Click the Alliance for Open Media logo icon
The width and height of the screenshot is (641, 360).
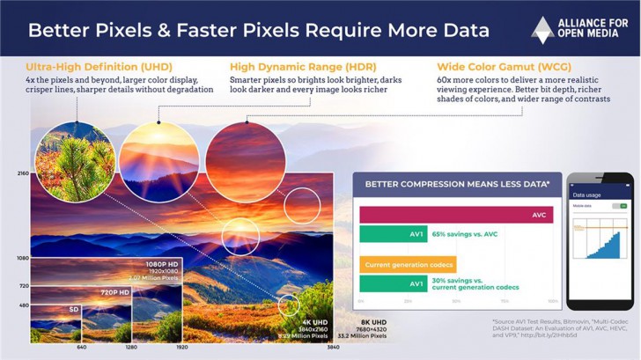tap(542, 29)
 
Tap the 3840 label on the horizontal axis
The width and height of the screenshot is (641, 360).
tap(334, 347)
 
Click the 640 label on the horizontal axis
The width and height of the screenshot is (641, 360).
tap(81, 347)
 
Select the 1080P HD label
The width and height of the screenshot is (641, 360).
tap(163, 263)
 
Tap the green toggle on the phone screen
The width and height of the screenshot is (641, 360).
tap(623, 205)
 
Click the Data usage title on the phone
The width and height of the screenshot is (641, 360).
tap(587, 194)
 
